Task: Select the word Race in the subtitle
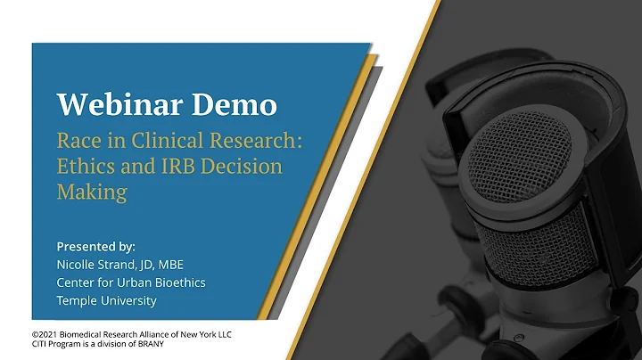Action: coord(78,141)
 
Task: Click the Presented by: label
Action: coord(96,246)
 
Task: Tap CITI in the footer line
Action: coord(40,344)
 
